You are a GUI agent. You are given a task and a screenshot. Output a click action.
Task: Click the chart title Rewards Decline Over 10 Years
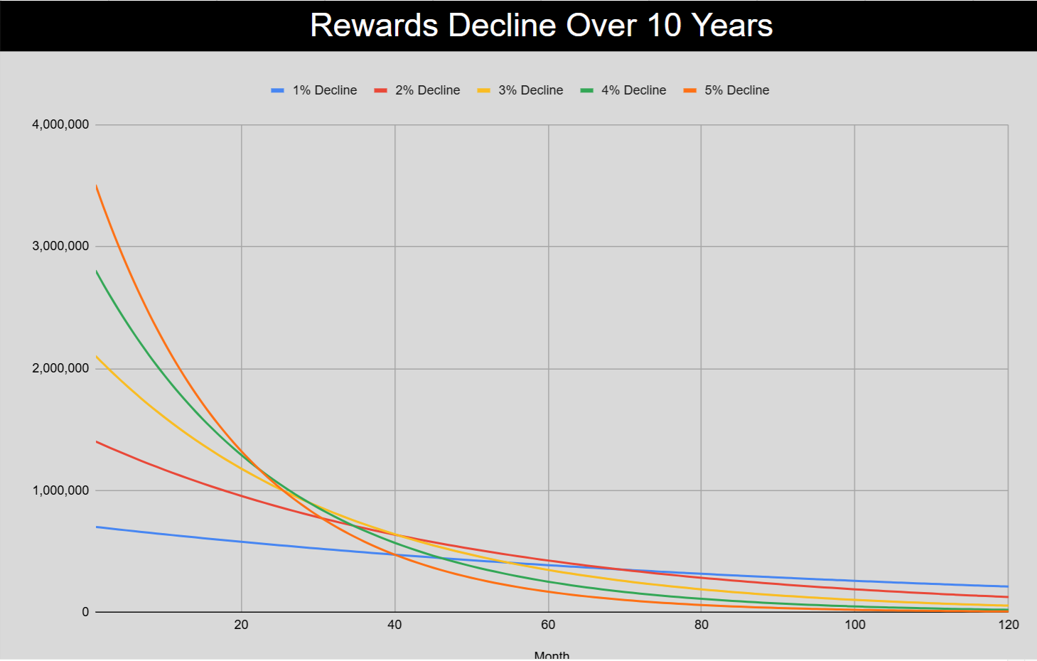(541, 26)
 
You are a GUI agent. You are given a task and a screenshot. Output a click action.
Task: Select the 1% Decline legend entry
(324, 90)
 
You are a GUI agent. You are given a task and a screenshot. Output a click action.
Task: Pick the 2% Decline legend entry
(427, 90)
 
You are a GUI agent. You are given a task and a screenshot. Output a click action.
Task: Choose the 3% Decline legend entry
(530, 90)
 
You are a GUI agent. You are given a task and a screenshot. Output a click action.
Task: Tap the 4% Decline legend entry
(633, 90)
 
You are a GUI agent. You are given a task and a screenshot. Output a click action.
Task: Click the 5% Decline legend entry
(736, 90)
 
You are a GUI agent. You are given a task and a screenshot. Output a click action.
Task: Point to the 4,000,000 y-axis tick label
(60, 124)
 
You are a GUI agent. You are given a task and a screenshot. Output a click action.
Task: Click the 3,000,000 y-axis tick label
(60, 246)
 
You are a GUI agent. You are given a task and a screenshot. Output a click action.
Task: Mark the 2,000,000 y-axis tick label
(60, 368)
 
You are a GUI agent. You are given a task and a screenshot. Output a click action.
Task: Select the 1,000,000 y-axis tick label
(60, 490)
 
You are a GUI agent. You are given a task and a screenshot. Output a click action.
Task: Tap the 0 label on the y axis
(85, 612)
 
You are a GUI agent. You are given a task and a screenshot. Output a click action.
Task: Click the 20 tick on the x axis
(241, 625)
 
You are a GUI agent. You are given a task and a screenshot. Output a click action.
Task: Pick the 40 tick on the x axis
(394, 625)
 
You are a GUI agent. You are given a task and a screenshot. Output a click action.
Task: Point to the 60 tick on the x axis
(548, 625)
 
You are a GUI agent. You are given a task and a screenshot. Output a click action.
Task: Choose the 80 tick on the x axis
(702, 625)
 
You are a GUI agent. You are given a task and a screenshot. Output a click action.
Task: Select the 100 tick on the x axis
(855, 625)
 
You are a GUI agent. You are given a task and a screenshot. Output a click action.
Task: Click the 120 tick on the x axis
(1009, 625)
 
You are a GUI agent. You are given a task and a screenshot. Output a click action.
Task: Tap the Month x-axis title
(552, 655)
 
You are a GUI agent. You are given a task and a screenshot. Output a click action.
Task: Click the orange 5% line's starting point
(96, 186)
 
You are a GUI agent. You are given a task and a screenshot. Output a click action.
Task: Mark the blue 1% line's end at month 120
(1008, 586)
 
